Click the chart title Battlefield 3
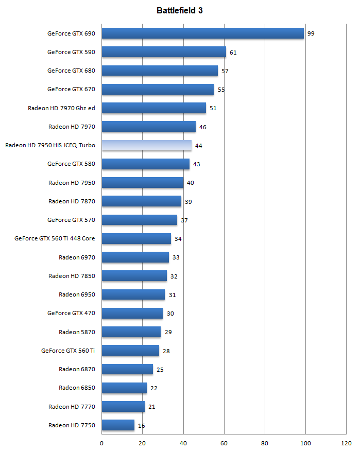pos(180,10)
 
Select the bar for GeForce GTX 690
pos(203,33)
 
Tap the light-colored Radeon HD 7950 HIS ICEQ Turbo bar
pos(147,146)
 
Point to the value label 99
pos(311,33)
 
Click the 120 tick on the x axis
pos(346,442)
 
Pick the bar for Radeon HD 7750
pos(118,425)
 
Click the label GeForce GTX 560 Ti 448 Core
pos(55,238)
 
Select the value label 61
pos(233,53)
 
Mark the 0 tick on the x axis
pos(101,442)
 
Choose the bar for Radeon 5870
pos(131,332)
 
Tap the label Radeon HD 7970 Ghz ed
pos(62,108)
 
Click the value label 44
pos(198,146)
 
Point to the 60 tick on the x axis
pos(224,442)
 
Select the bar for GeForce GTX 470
pos(132,313)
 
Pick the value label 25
pos(160,370)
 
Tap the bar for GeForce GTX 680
pos(160,71)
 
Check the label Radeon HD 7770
pos(72,407)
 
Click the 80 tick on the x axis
pos(265,442)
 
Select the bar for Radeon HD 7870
pos(142,201)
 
